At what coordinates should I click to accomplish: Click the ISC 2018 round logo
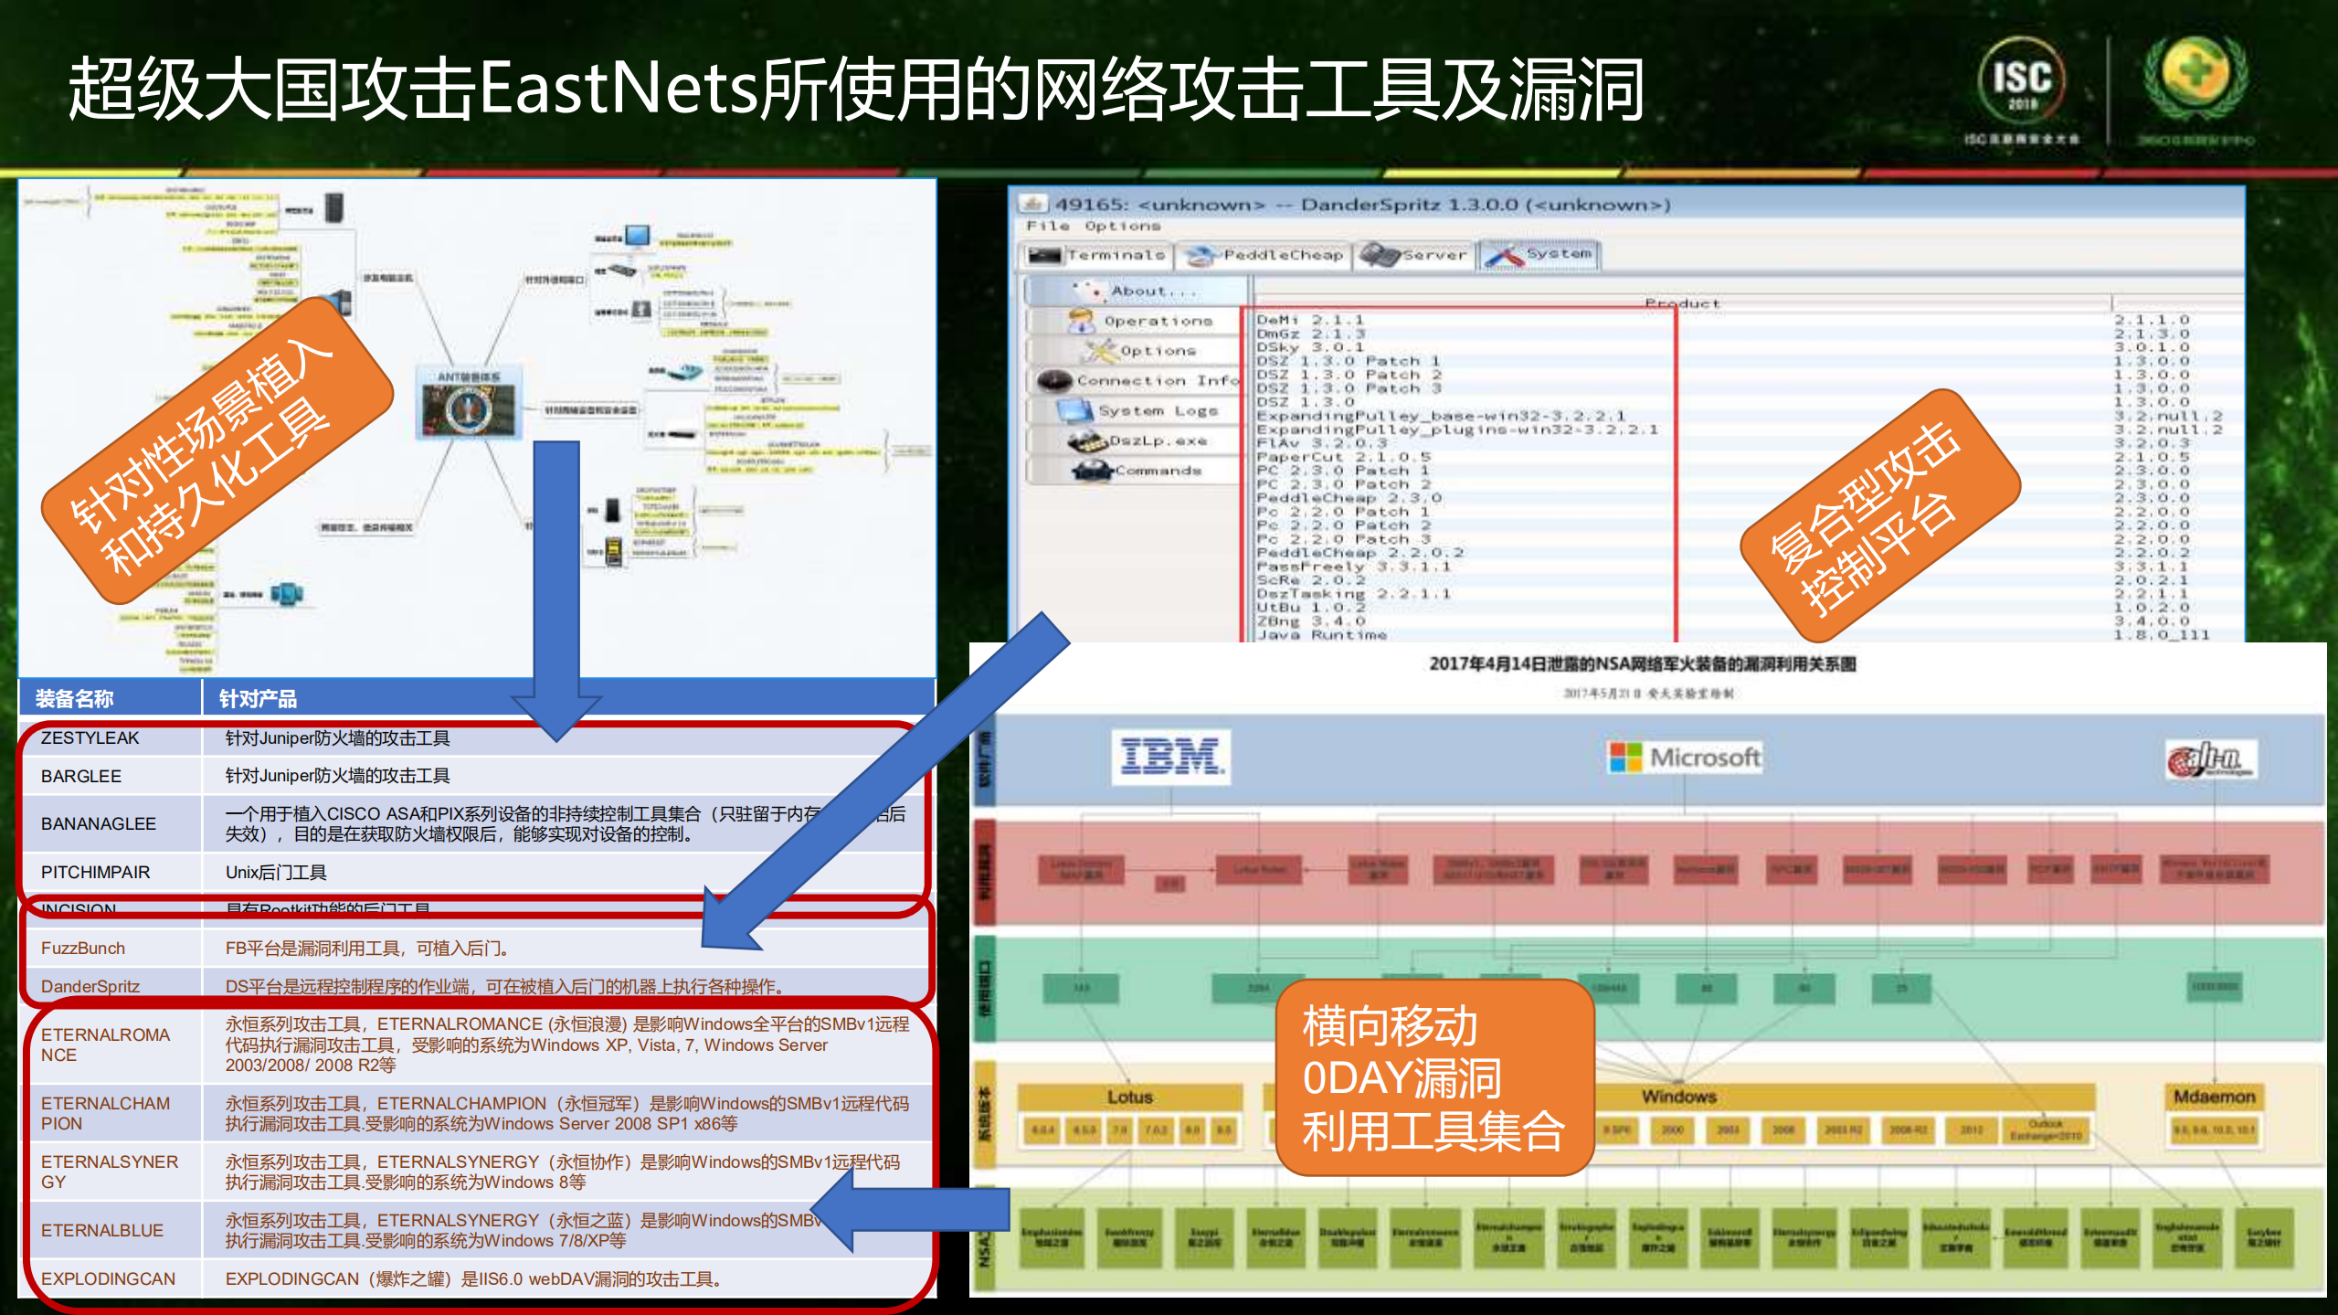tap(2022, 80)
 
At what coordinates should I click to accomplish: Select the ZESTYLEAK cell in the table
tap(90, 737)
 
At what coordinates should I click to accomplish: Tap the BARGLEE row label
tap(81, 776)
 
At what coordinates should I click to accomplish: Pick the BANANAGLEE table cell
tap(99, 823)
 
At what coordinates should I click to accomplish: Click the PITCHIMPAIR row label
tap(96, 872)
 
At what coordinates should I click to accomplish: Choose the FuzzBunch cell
tap(83, 948)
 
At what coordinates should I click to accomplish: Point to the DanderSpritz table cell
tap(90, 986)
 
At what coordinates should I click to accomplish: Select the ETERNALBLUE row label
tap(102, 1230)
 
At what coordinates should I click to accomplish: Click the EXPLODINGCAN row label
tap(108, 1278)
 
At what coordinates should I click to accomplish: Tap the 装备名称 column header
tap(75, 699)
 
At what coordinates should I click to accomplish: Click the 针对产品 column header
tap(259, 699)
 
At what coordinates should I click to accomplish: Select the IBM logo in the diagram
tap(1170, 757)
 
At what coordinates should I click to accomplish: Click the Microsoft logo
tap(1685, 758)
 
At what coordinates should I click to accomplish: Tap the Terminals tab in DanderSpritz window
tap(1097, 256)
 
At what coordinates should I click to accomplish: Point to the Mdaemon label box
tap(2214, 1096)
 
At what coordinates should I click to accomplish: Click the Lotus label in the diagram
tap(1130, 1096)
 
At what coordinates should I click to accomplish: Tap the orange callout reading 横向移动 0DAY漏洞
tap(1433, 1077)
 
